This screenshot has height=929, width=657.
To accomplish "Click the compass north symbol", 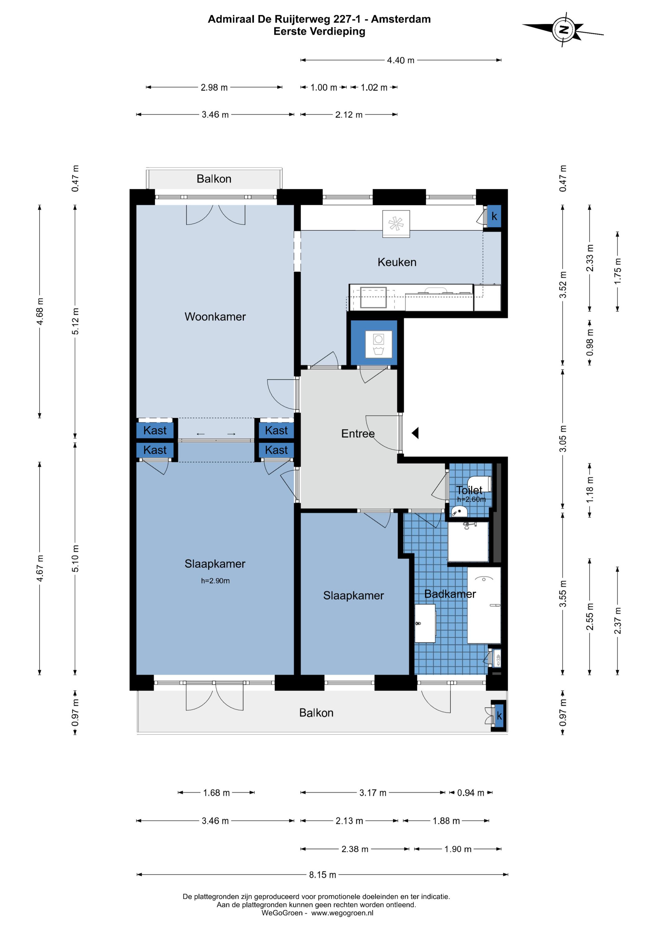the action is (x=563, y=29).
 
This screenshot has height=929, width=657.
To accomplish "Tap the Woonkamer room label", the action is (x=215, y=317).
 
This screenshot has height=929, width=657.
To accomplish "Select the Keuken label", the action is (x=397, y=262).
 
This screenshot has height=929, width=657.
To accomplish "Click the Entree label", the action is (x=358, y=434).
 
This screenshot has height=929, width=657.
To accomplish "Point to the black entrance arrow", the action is (x=415, y=433).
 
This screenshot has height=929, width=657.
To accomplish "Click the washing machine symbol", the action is (x=379, y=344).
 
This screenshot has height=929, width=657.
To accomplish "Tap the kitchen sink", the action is (x=373, y=297).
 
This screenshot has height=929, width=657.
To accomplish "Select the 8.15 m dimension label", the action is (x=322, y=875).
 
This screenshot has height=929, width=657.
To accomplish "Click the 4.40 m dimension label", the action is (x=401, y=60).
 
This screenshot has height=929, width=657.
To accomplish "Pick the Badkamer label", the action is (x=450, y=594).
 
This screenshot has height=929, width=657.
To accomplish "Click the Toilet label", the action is (x=469, y=490).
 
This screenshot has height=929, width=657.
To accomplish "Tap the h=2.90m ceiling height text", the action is (x=215, y=581).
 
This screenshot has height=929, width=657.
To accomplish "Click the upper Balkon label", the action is (x=214, y=179).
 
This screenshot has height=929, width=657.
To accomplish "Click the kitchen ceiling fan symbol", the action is (x=396, y=223).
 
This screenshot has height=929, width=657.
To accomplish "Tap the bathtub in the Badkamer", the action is (x=484, y=605).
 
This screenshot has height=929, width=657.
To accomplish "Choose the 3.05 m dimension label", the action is (x=563, y=438).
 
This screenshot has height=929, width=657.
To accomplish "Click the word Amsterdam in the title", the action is (x=401, y=19).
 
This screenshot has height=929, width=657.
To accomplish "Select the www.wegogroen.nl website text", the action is (x=342, y=913).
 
